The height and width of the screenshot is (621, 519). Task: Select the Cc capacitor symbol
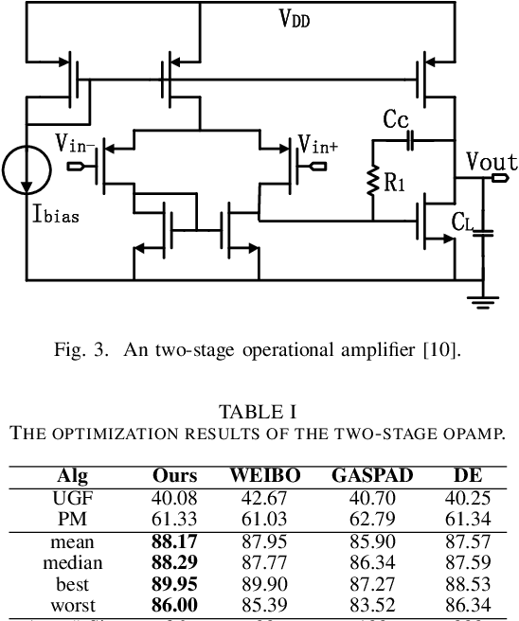(x=409, y=140)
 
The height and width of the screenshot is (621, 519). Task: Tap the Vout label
(x=492, y=162)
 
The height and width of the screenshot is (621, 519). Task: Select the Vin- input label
(x=75, y=145)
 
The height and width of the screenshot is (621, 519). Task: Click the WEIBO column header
(x=265, y=476)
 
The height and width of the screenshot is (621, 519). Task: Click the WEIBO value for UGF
(x=265, y=495)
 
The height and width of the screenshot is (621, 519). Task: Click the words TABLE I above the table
(x=258, y=412)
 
